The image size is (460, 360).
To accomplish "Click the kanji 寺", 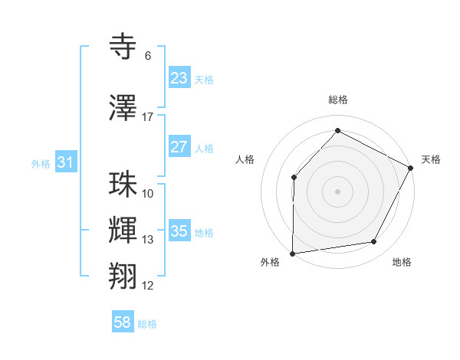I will pyautogui.click(x=123, y=47).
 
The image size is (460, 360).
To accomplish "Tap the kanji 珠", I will pyautogui.click(x=123, y=185).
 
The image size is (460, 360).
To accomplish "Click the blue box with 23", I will pyautogui.click(x=179, y=78).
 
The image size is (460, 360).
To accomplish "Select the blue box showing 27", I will pyautogui.click(x=179, y=147).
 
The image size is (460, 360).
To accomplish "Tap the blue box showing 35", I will pyautogui.click(x=179, y=231).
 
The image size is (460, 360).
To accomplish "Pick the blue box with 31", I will pyautogui.click(x=65, y=162).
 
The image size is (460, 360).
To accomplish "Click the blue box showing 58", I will pyautogui.click(x=123, y=322).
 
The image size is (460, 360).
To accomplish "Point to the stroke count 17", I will pyautogui.click(x=148, y=117).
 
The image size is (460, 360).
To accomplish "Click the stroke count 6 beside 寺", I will pyautogui.click(x=148, y=56).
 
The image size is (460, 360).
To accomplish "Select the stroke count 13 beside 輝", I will pyautogui.click(x=148, y=240).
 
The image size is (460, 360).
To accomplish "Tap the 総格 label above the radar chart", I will pyautogui.click(x=338, y=100).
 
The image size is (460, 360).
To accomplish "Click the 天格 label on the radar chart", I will pyautogui.click(x=431, y=159).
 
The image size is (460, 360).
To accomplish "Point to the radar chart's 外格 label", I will pyautogui.click(x=270, y=262).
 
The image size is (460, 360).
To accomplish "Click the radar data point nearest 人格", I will pyautogui.click(x=294, y=177).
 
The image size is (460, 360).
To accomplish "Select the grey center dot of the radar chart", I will pyautogui.click(x=337, y=191).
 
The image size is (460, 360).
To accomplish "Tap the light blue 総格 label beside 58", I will pyautogui.click(x=147, y=324).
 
